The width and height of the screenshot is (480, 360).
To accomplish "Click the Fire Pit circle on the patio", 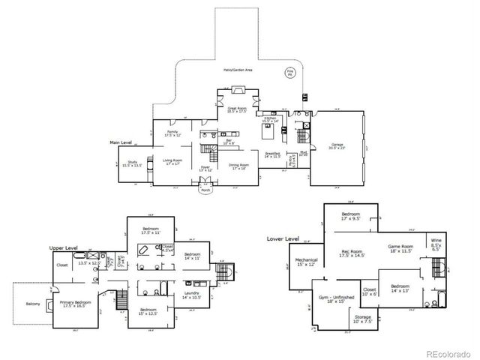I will point(288,73).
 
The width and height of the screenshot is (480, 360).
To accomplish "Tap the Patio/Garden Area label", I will point(237,70).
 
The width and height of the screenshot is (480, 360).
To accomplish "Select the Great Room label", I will point(237,109).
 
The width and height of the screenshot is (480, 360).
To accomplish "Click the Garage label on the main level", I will point(337,145).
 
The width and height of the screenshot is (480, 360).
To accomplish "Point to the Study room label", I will point(132,163).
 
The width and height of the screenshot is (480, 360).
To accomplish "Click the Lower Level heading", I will point(282,239).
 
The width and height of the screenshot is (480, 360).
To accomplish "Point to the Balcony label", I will point(33,304).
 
